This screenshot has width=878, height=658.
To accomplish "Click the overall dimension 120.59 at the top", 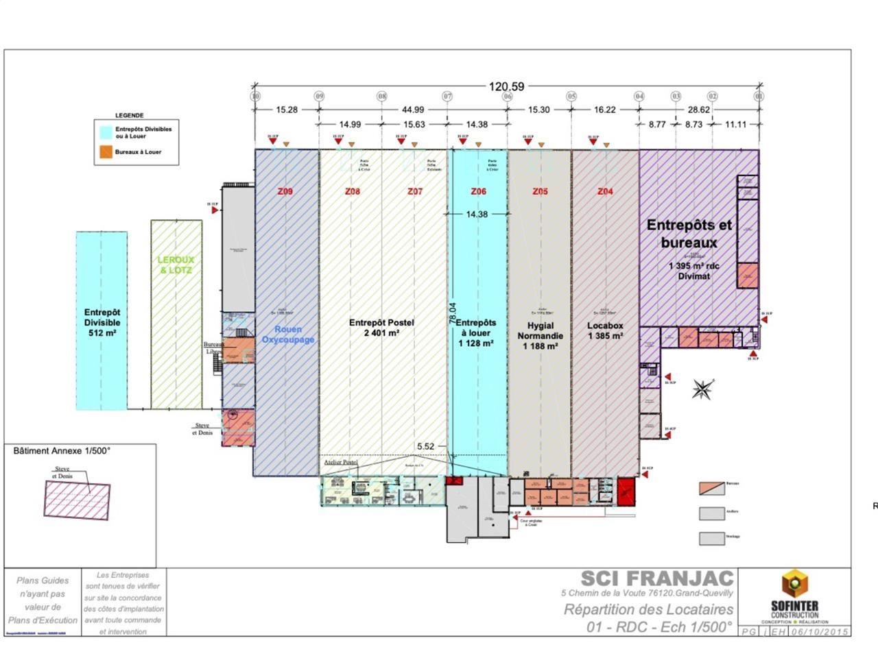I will pos(506,86).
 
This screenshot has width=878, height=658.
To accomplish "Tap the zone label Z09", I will pos(285,191).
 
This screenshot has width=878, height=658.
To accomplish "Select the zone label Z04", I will pos(605,191).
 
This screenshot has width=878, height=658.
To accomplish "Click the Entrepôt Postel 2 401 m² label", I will pos(381,328).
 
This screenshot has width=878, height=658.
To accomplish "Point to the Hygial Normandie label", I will pos(540,336).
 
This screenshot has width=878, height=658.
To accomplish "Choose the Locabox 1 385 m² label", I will pos(605,331).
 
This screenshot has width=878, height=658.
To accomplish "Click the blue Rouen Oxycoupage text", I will pos(287,334).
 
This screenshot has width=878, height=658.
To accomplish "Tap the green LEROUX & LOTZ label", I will pos(176,265).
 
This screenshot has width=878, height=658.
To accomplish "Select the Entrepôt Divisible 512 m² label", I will pos(102,323).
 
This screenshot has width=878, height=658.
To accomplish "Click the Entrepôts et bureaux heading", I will pos(689,234).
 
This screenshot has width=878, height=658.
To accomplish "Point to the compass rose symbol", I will pos(702,389).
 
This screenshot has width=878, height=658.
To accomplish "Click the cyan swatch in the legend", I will pos(106,132).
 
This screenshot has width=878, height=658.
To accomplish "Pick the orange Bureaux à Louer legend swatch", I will pos(106,152).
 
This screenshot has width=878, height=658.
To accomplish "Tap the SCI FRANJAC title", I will pos(656,579).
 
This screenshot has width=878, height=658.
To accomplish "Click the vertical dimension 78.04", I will pos(452,313).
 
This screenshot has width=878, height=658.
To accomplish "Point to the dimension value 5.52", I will pos(425,446).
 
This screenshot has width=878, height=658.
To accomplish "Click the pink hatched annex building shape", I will pos(77,498).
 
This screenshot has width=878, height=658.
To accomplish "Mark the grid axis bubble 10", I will pos(255,97).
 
